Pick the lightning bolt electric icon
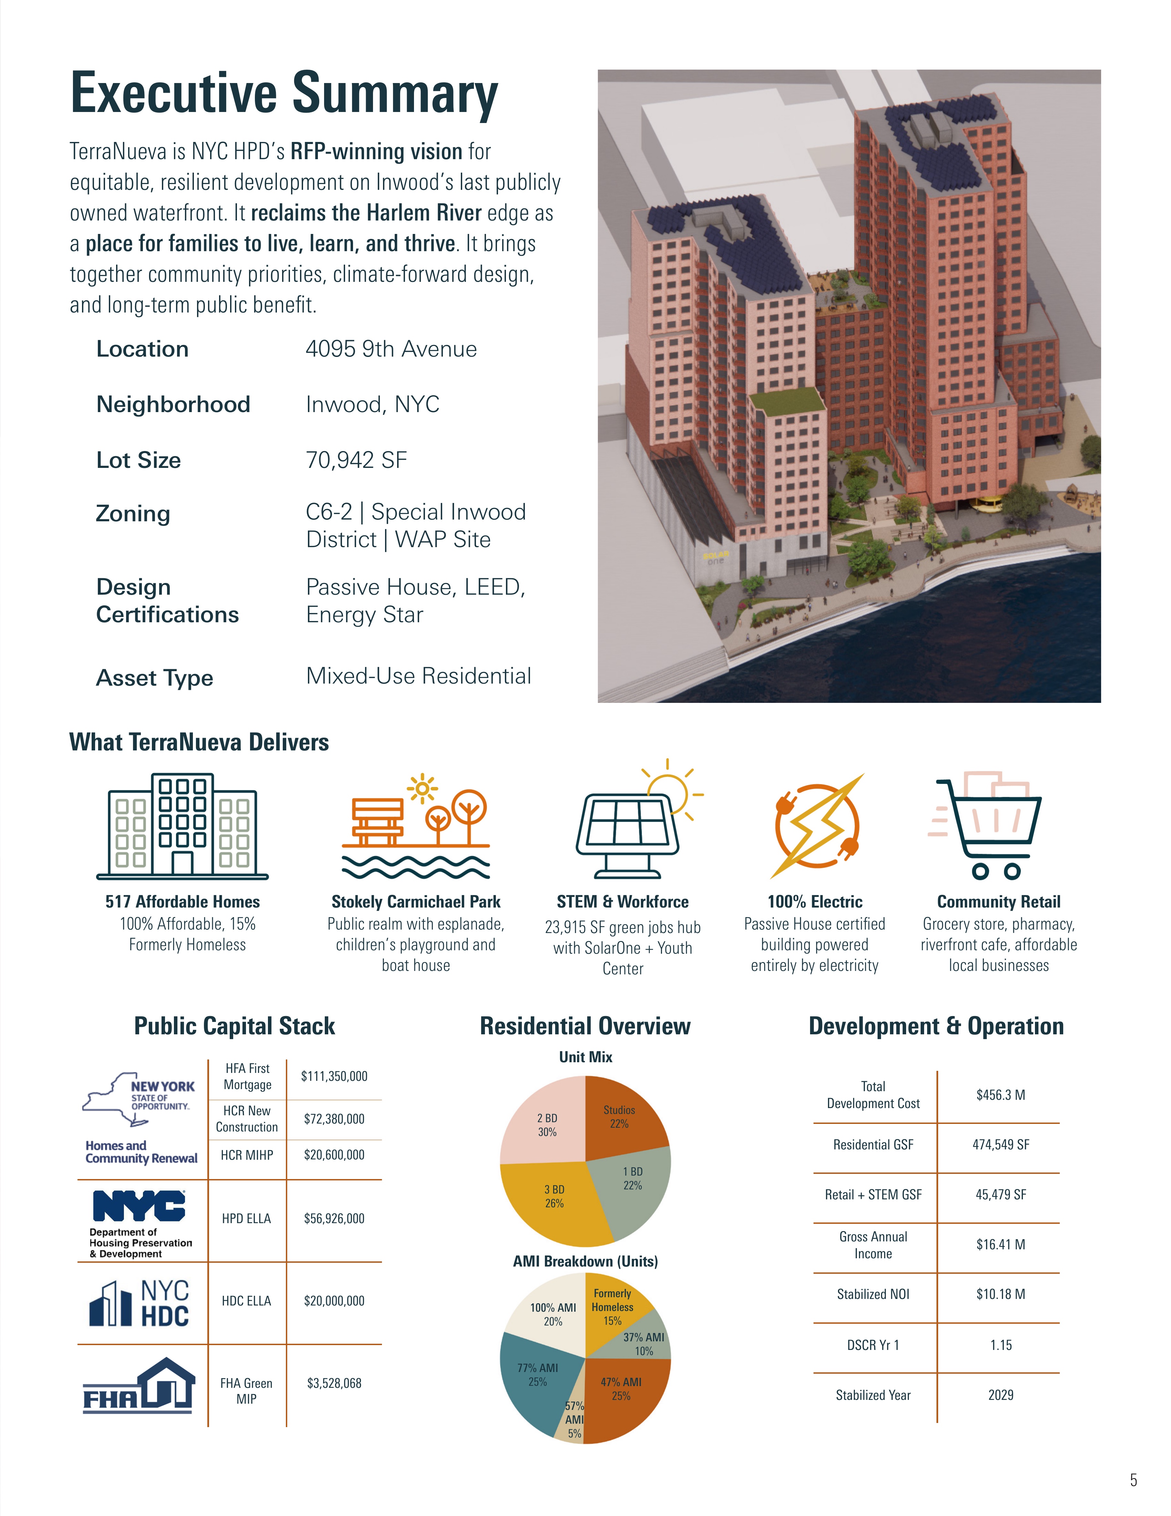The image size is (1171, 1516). click(817, 826)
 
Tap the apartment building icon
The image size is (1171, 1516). click(183, 826)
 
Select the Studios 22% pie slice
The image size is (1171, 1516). click(621, 1118)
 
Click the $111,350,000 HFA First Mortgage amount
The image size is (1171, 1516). click(334, 1076)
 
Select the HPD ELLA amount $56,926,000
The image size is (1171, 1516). click(334, 1218)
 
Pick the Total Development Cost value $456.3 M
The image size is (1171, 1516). click(1001, 1095)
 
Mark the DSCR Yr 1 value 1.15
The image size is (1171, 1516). click(1001, 1344)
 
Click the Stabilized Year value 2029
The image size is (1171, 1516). click(1001, 1394)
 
